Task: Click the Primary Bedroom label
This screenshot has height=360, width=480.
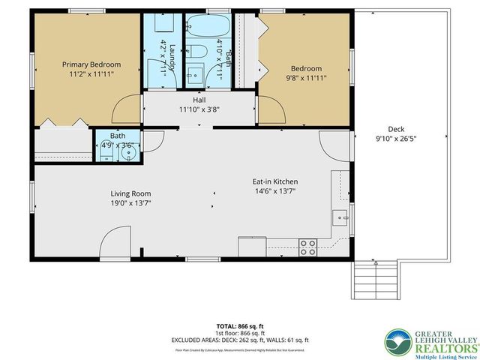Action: (x=91, y=64)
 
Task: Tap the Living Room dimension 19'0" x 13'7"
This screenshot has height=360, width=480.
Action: (x=131, y=203)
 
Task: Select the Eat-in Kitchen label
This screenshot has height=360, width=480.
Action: (x=274, y=182)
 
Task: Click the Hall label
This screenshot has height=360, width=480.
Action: (x=199, y=100)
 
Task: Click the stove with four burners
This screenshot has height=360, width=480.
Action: (x=307, y=245)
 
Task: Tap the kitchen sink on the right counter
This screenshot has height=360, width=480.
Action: (x=340, y=218)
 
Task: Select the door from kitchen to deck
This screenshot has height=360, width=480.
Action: (x=334, y=145)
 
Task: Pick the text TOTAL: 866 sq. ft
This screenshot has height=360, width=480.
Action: (x=240, y=326)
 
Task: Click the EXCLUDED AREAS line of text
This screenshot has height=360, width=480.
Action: (x=240, y=340)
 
